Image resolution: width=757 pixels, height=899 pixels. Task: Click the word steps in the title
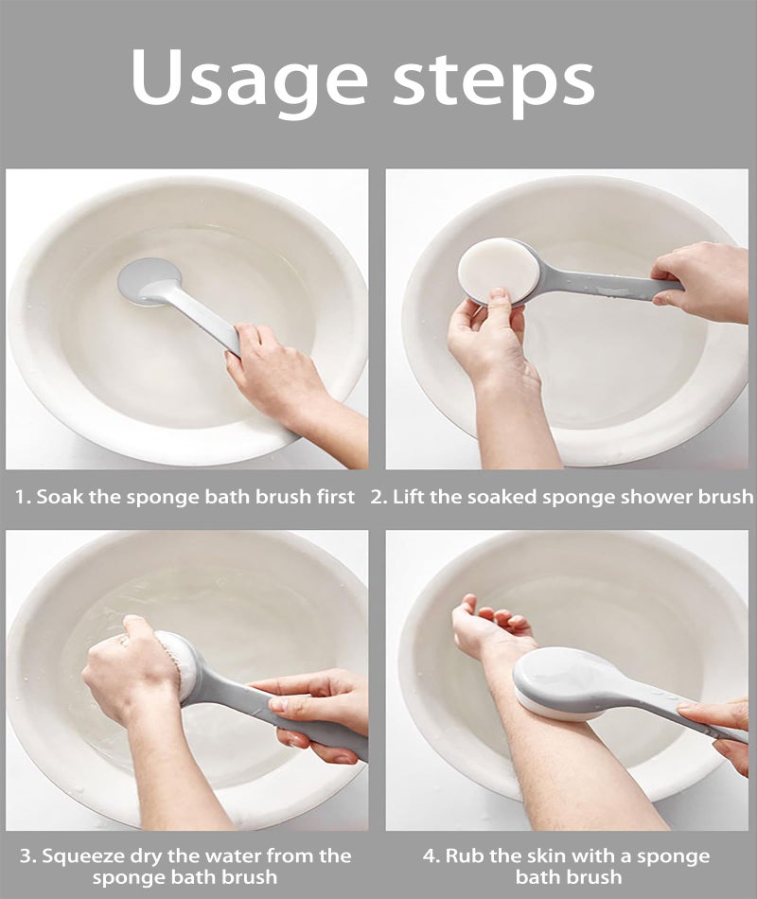coord(494,83)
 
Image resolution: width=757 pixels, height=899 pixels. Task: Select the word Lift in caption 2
coord(409,497)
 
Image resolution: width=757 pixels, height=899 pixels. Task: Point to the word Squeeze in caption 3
coord(79,856)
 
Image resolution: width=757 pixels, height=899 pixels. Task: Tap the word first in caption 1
coord(336,497)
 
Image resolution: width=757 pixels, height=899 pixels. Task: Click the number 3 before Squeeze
coord(26,856)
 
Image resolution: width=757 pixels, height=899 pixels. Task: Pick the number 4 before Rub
coord(430,856)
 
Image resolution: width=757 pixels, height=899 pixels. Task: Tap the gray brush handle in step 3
coord(275,711)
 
